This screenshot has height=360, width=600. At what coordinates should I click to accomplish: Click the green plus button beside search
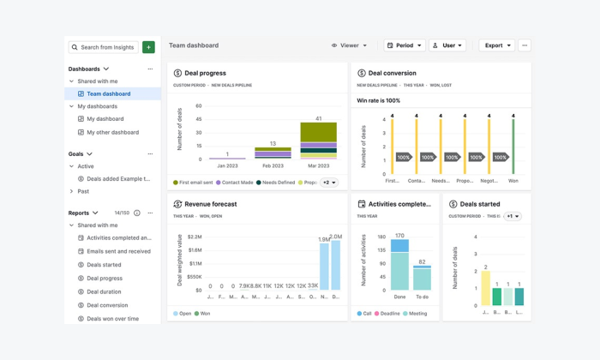tap(148, 47)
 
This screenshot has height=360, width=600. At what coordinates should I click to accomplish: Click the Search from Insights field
tap(104, 47)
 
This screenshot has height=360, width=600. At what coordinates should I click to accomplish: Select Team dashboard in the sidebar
tap(108, 93)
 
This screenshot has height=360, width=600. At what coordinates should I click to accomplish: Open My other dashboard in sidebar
tap(112, 132)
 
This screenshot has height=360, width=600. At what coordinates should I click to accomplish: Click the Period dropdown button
tap(404, 45)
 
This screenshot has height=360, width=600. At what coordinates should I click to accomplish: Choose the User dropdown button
tap(447, 45)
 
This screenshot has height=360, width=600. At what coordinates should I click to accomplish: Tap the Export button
tap(497, 45)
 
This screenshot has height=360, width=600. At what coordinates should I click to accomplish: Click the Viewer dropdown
tap(349, 45)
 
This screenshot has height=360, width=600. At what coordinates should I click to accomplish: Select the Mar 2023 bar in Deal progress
tap(318, 141)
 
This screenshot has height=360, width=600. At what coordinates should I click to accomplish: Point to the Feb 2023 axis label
tap(273, 165)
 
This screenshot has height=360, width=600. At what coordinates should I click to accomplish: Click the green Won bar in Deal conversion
tap(513, 147)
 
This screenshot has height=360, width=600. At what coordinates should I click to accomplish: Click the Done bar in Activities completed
tap(399, 266)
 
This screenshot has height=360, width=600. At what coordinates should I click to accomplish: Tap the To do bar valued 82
tap(422, 278)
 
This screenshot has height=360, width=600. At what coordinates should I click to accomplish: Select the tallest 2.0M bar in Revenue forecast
tap(335, 266)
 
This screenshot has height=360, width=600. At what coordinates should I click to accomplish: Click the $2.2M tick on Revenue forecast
tap(194, 237)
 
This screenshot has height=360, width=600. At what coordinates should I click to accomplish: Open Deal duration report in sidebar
tap(104, 291)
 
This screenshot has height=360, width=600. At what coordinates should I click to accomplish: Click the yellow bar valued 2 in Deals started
tap(485, 288)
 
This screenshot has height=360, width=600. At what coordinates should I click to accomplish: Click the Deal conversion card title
tap(392, 74)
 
